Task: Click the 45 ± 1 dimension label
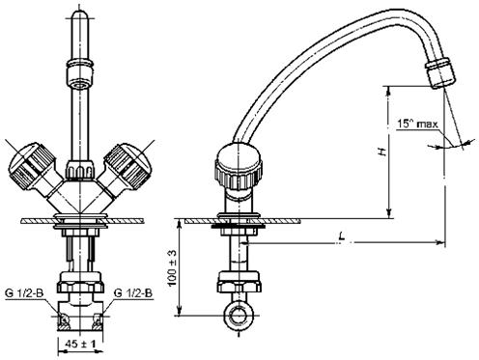[80, 344]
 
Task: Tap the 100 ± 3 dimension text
[173, 268]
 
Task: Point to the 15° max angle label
[417, 124]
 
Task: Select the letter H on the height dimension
[382, 152]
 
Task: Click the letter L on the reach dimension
[342, 237]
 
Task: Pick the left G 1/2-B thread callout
[24, 293]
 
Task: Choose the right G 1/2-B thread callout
[133, 293]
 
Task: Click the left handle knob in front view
[31, 168]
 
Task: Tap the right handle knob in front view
[127, 168]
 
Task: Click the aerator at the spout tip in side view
[440, 72]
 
